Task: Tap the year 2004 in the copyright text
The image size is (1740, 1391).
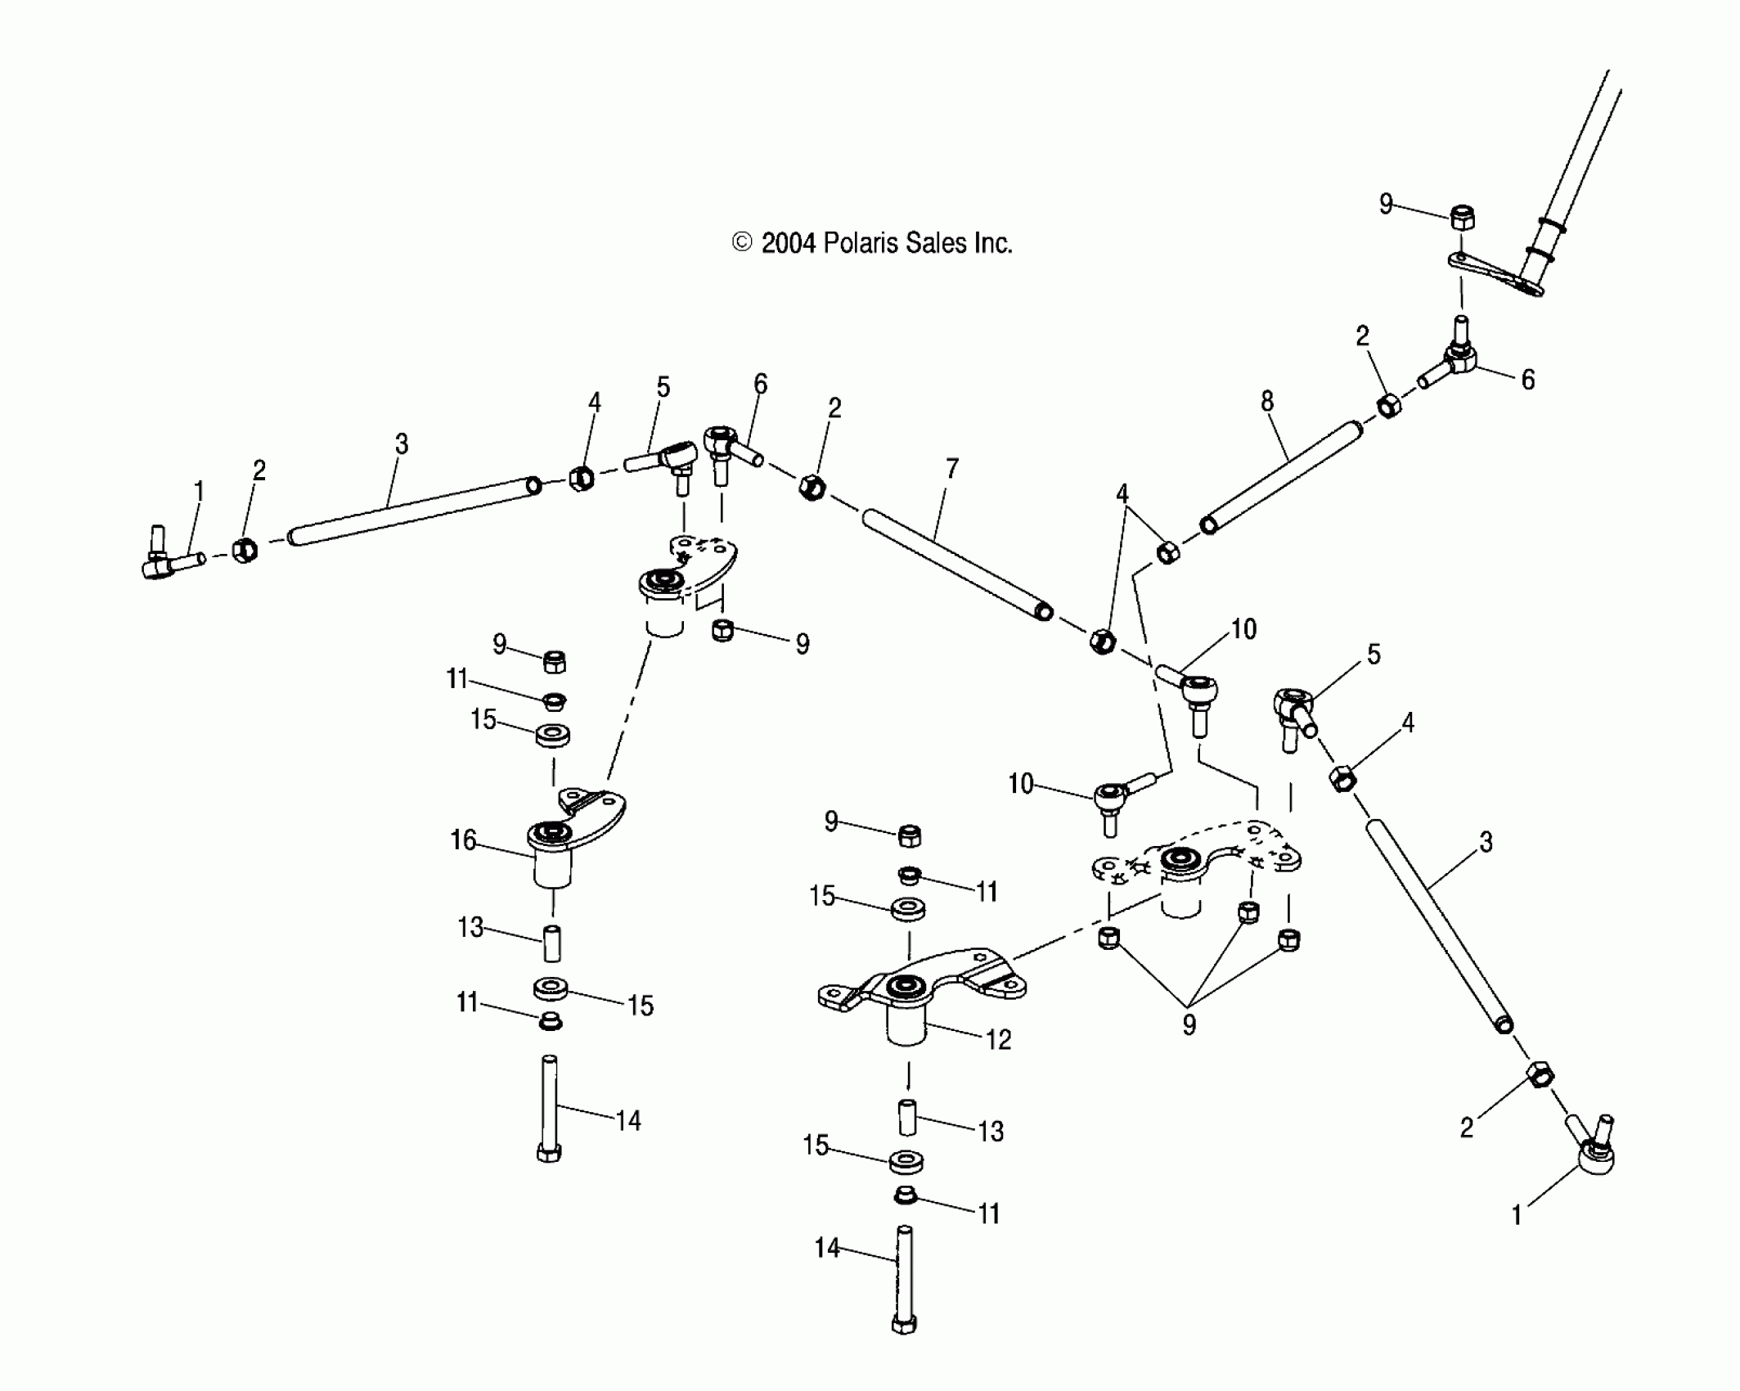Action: click(x=789, y=243)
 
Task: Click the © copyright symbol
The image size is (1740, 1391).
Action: click(x=742, y=242)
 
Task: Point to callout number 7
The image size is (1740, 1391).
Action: click(x=951, y=469)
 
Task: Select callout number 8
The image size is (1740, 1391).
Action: click(x=1266, y=401)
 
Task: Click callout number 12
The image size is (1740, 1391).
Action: click(x=999, y=1039)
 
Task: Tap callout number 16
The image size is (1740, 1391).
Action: click(x=463, y=840)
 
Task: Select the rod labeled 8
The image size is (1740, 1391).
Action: click(x=1280, y=476)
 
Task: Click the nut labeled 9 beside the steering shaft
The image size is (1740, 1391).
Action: click(x=1463, y=218)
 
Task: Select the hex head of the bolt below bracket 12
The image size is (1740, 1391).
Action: click(x=904, y=1324)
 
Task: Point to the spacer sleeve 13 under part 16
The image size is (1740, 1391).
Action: click(x=552, y=943)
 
